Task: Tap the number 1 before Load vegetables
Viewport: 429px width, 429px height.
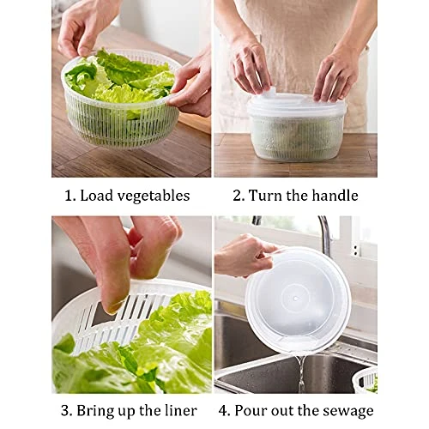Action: point(68,196)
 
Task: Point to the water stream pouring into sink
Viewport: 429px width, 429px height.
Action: point(300,373)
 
